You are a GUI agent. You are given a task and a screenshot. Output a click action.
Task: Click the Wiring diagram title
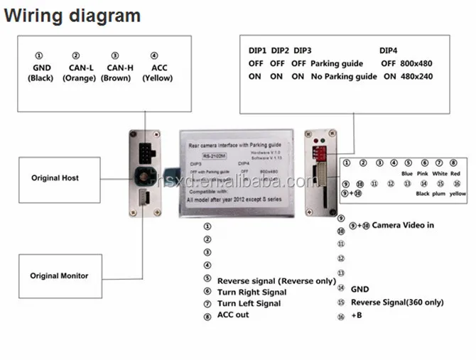(x=72, y=16)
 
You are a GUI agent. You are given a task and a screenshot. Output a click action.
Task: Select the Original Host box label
(x=55, y=178)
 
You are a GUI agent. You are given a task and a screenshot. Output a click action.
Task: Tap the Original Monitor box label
(x=59, y=276)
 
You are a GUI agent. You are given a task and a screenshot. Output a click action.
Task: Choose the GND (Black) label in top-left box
(x=40, y=73)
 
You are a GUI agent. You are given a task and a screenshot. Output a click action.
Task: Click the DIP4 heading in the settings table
(x=389, y=51)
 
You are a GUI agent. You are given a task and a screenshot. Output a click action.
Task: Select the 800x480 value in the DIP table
(x=416, y=63)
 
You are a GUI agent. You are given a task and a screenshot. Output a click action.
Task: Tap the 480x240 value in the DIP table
(x=416, y=76)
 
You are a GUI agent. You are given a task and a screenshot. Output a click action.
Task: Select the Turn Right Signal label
(x=252, y=292)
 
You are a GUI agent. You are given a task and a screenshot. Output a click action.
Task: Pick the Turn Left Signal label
(x=249, y=303)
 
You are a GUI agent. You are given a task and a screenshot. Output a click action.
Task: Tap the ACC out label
(x=233, y=315)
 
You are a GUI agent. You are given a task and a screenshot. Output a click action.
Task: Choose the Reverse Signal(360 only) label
(x=397, y=302)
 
